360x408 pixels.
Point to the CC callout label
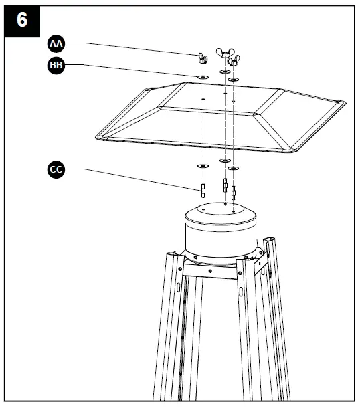(56, 170)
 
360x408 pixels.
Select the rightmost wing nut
(233, 62)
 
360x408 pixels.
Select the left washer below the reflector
(201, 165)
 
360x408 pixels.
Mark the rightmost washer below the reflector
(233, 168)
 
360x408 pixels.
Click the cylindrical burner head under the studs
(219, 231)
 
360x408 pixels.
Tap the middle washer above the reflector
(224, 71)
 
